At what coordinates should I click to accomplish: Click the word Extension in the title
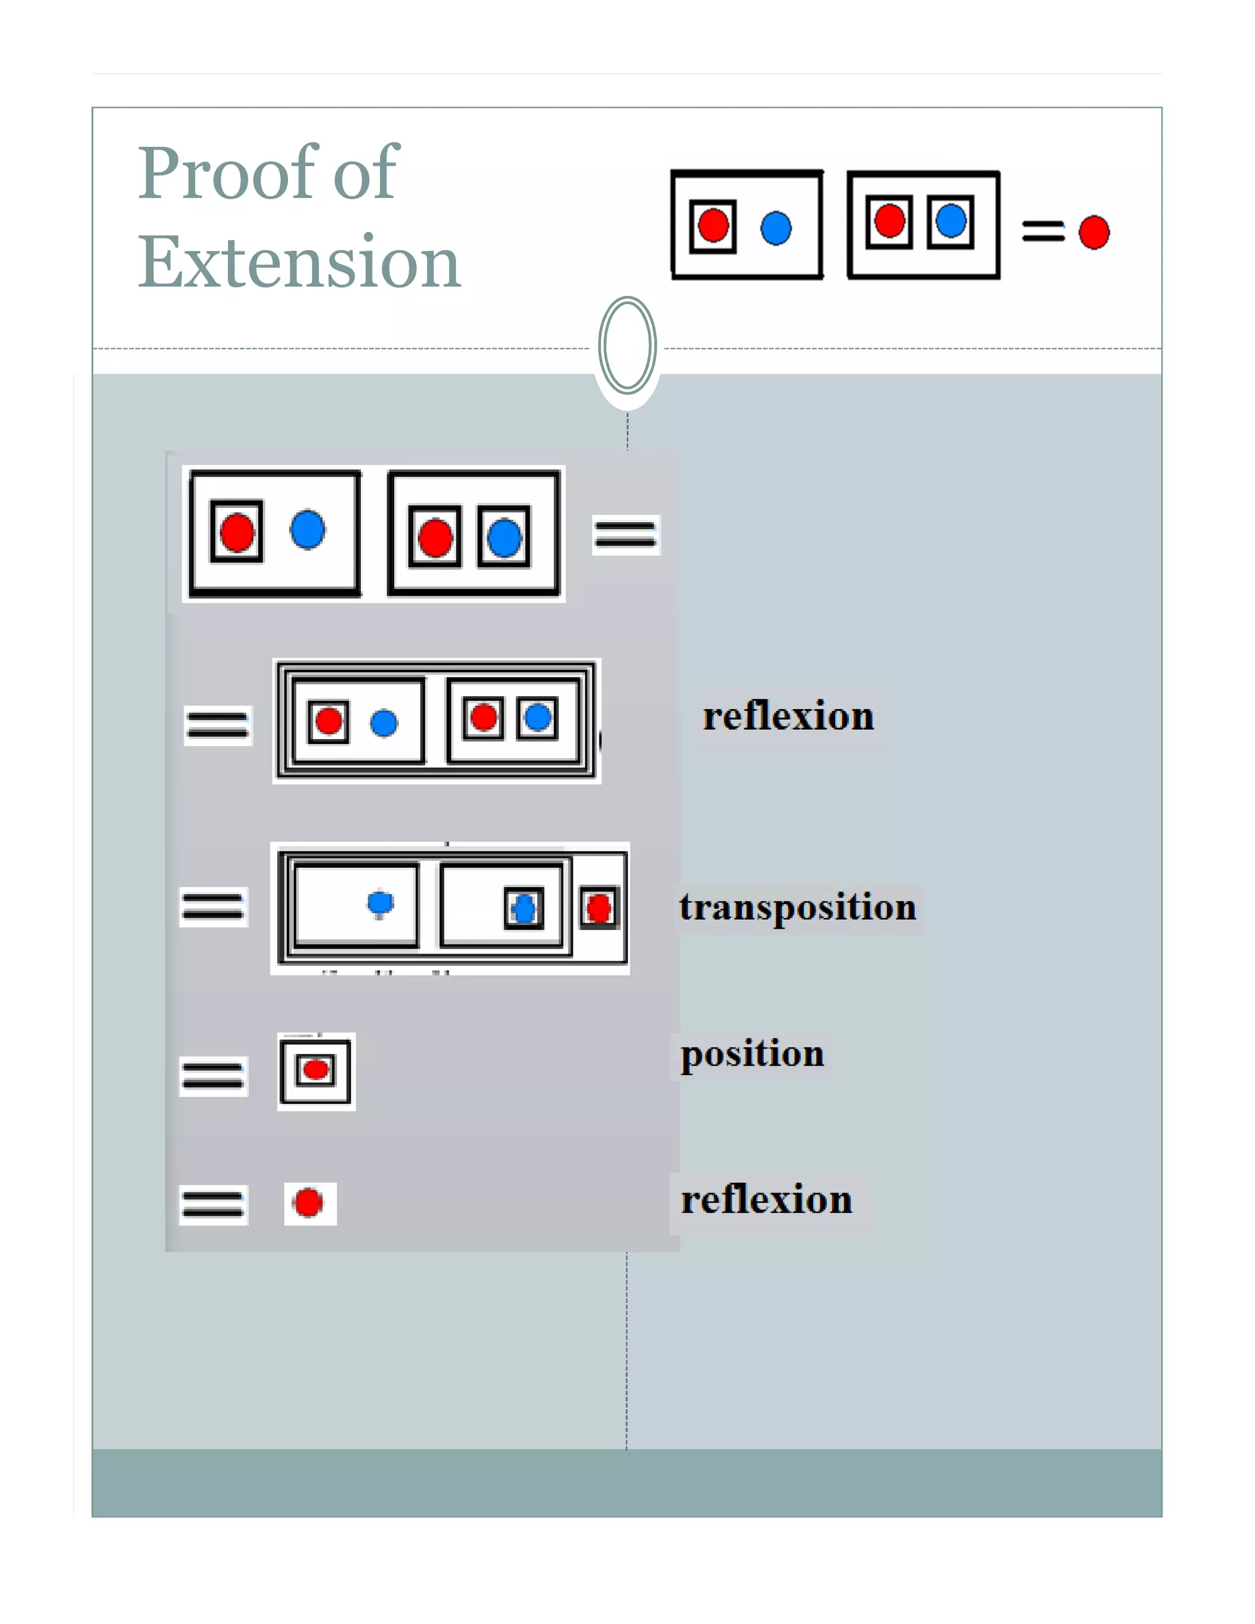[x=299, y=262]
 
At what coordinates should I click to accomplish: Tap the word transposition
[x=797, y=906]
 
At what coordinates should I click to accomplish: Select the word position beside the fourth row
[x=752, y=1053]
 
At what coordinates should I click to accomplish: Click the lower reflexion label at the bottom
[x=766, y=1199]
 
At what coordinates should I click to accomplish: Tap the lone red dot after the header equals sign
[x=1094, y=232]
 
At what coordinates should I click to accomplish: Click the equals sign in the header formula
[x=1042, y=231]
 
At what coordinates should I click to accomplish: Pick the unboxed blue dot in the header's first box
[x=775, y=227]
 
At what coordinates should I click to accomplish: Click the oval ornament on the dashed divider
[x=627, y=345]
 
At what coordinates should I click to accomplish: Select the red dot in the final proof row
[x=309, y=1202]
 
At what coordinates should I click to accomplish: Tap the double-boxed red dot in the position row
[x=316, y=1069]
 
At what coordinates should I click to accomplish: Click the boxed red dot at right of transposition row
[x=599, y=908]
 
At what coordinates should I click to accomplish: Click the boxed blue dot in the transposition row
[x=524, y=908]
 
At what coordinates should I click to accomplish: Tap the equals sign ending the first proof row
[x=625, y=534]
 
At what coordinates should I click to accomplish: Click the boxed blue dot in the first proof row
[x=504, y=537]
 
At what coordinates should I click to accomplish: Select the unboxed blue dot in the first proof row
[x=307, y=529]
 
